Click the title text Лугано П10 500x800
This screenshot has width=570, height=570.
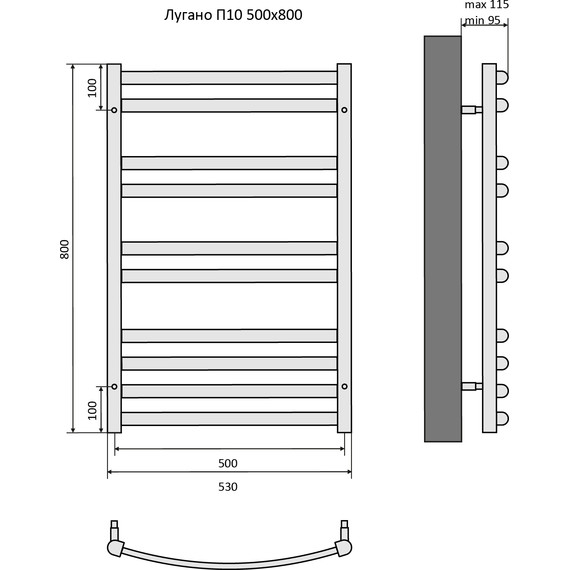tap(233, 15)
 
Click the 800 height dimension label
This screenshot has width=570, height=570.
tap(64, 249)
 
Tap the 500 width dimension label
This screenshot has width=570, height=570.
tap(228, 463)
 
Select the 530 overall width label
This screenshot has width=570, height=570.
tap(228, 486)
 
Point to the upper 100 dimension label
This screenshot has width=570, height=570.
tap(93, 88)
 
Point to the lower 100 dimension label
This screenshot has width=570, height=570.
tap(93, 410)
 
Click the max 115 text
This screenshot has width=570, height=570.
tap(487, 5)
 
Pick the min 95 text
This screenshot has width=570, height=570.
tap(483, 20)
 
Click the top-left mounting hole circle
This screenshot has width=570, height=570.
tap(114, 110)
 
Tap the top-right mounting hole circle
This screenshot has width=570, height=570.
tap(344, 110)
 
